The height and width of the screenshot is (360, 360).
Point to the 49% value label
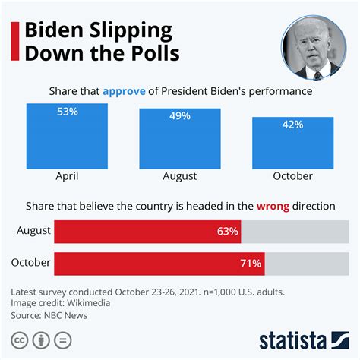click(x=180, y=117)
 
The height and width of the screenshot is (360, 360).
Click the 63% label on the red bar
click(x=227, y=232)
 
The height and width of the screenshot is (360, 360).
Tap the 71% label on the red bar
click(x=251, y=264)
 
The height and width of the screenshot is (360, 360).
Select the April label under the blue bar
click(x=67, y=175)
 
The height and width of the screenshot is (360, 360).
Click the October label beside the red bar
click(x=30, y=263)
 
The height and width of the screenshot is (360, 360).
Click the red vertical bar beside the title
click(x=13, y=44)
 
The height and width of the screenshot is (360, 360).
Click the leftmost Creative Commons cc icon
click(x=20, y=339)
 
